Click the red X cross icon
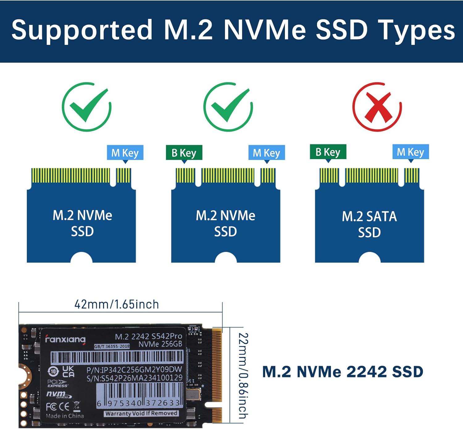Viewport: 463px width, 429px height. pos(377,107)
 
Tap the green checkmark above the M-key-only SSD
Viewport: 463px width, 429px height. pos(86,107)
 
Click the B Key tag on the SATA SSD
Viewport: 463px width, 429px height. pos(328,152)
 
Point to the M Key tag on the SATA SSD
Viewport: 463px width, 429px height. pos(411,152)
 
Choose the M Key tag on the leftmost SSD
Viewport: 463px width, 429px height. pos(125,153)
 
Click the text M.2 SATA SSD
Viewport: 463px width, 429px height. pos(369,225)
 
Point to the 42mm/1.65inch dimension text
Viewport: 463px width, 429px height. pos(117,305)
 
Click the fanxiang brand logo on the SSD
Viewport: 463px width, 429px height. pos(65,339)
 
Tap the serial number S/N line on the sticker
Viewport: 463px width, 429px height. pos(134,378)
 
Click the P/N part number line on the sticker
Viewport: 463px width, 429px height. pos(134,370)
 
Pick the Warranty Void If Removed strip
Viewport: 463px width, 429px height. pos(141,414)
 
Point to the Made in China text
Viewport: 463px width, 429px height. pos(65,416)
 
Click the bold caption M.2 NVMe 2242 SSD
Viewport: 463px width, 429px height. pos(343,372)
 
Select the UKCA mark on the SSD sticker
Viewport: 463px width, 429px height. pos(68,372)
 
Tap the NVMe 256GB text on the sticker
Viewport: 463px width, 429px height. pos(161,344)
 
